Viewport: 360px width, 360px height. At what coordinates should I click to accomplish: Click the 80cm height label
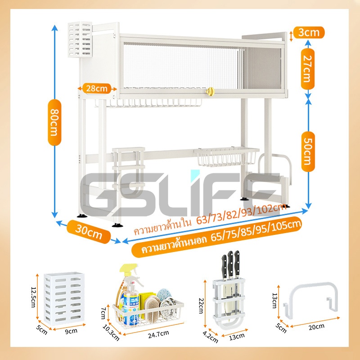pyautogui.click(x=54, y=122)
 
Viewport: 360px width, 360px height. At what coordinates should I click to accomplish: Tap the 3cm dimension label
pyautogui.click(x=309, y=32)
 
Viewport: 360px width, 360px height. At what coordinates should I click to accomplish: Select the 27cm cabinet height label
pyautogui.click(x=308, y=69)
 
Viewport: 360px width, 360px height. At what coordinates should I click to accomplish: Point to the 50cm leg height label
pyautogui.click(x=308, y=152)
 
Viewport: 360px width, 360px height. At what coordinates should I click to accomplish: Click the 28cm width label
pyautogui.click(x=97, y=88)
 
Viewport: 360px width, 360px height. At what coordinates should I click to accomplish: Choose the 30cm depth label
pyautogui.click(x=89, y=232)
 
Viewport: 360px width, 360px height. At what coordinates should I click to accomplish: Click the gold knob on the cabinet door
pyautogui.click(x=210, y=91)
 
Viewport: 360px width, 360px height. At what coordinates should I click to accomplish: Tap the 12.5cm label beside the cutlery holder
pyautogui.click(x=33, y=297)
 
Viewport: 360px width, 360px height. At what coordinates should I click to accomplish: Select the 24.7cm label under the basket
pyautogui.click(x=158, y=334)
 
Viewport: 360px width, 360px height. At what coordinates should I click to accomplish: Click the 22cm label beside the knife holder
pyautogui.click(x=201, y=306)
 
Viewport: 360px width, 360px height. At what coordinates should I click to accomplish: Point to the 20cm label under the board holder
pyautogui.click(x=316, y=327)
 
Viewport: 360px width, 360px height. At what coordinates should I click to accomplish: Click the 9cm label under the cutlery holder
pyautogui.click(x=71, y=331)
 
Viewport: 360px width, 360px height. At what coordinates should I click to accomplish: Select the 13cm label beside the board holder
pyautogui.click(x=275, y=301)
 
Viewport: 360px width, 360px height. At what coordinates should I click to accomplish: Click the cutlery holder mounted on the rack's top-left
pyautogui.click(x=80, y=40)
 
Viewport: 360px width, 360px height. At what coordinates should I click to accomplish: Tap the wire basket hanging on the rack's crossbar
pyautogui.click(x=226, y=156)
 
